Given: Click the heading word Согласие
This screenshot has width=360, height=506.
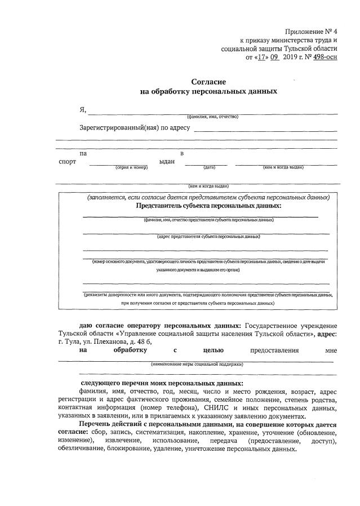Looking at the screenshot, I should pos(208,82).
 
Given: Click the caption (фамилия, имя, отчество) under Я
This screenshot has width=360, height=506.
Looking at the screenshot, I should pos(213,117).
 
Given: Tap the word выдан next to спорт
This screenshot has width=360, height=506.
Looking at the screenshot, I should pos(167,161).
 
